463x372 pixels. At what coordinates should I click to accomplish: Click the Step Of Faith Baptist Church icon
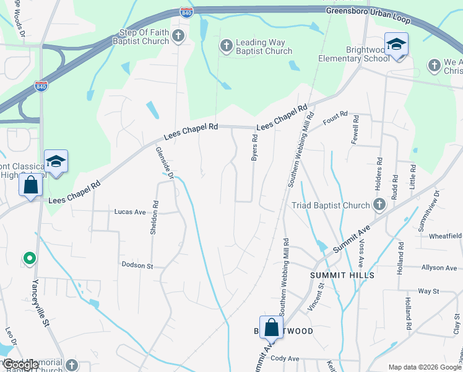point(178,36)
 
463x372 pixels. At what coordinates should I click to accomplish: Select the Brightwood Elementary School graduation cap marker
point(396,45)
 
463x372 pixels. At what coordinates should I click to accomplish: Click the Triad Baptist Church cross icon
point(379,205)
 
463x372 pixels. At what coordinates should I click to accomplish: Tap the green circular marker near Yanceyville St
point(28,257)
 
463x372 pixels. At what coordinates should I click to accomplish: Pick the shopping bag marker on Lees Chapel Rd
point(30,185)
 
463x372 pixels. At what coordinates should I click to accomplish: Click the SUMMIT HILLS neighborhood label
point(337,274)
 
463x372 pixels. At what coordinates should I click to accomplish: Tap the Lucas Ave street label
point(130,211)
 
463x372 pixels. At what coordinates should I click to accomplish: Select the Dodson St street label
point(137,265)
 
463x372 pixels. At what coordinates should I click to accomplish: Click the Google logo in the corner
point(20,365)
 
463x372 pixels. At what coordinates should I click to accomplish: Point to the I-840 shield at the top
point(186,12)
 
